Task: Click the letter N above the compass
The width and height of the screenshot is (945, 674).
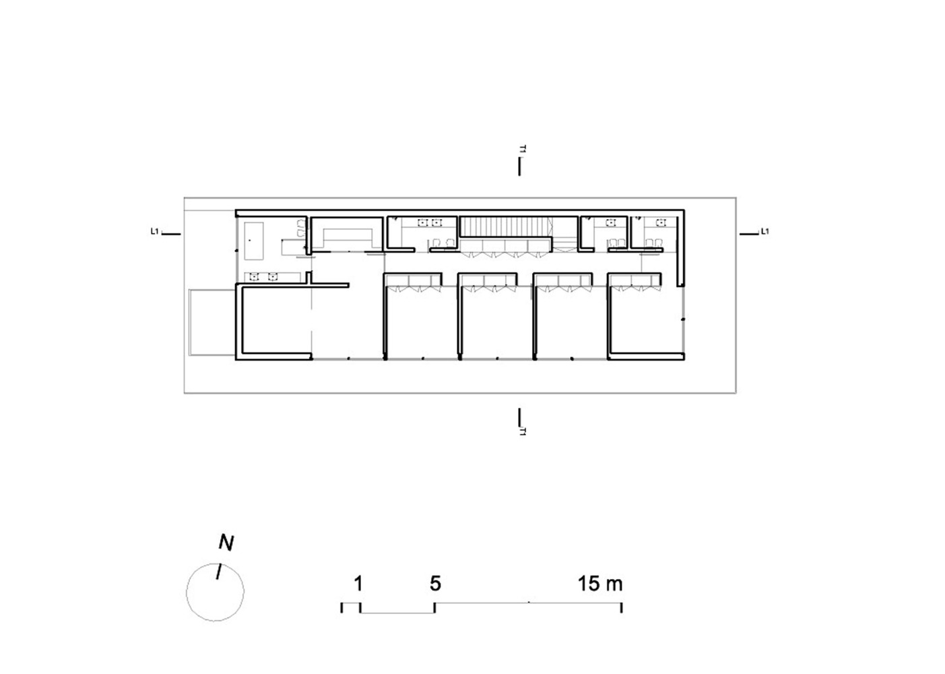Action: [226, 543]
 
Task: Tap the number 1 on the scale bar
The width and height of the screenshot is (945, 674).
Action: [358, 584]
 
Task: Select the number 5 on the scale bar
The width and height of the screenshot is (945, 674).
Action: [435, 584]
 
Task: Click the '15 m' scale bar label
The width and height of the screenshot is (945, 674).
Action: [600, 584]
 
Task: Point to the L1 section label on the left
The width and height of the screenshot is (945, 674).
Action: [154, 231]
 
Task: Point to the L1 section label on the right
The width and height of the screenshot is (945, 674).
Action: [764, 231]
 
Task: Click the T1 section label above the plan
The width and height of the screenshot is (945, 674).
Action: [523, 149]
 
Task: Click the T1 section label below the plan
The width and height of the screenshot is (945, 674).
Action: [523, 431]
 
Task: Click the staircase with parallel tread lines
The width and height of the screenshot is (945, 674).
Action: [504, 226]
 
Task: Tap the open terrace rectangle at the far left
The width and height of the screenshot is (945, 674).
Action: [211, 322]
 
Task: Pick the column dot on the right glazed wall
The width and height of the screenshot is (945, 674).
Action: [683, 319]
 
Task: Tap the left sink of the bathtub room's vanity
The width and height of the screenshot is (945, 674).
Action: [253, 276]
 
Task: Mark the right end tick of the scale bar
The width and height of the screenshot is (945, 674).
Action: [622, 607]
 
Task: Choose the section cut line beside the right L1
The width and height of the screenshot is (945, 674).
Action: [749, 234]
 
